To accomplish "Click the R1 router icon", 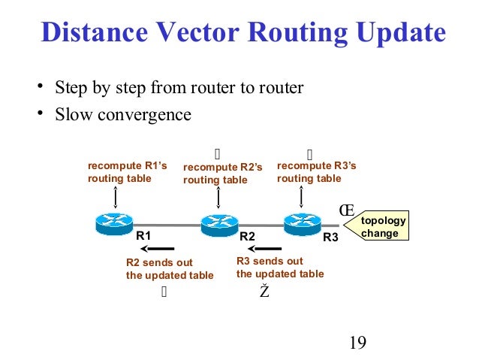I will tap(114, 223).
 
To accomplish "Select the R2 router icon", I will tap(218, 223).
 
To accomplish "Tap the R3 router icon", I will tap(303, 222).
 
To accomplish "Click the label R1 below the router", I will tap(143, 236).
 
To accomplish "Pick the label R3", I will tap(330, 237).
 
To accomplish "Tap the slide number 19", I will tap(357, 343).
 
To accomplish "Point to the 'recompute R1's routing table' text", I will tap(127, 172).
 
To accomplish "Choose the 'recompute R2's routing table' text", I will tap(223, 174).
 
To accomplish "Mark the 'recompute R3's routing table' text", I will tap(316, 172).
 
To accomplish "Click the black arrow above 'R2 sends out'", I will tap(159, 249).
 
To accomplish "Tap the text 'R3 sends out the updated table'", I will tap(280, 268).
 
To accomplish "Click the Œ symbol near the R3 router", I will tap(346, 210).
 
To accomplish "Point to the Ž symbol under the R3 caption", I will tap(264, 292).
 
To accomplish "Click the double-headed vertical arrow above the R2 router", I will tap(218, 198).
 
